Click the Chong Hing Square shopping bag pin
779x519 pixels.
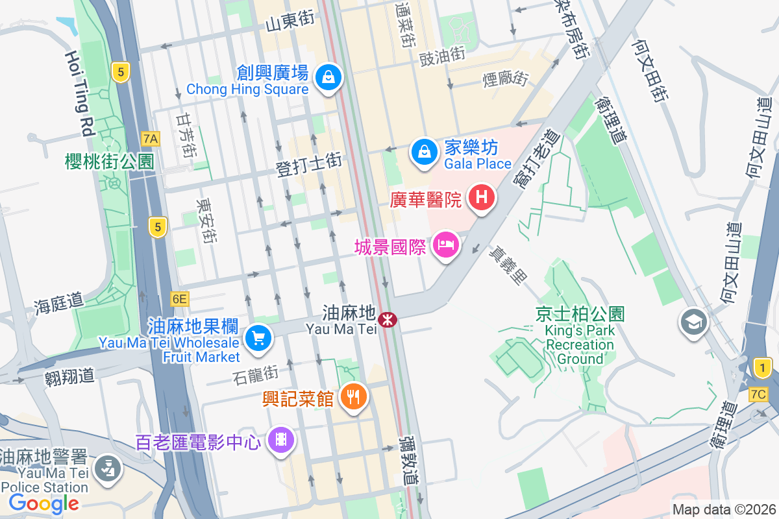pyautogui.click(x=329, y=78)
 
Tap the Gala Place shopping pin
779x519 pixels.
pyautogui.click(x=424, y=152)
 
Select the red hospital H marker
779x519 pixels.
pyautogui.click(x=482, y=197)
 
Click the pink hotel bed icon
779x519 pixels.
pyautogui.click(x=445, y=245)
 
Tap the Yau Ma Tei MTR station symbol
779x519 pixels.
pyautogui.click(x=388, y=319)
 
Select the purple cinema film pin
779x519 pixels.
pyautogui.click(x=281, y=441)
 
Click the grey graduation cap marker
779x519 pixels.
pyautogui.click(x=693, y=321)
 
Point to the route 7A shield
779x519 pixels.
pyautogui.click(x=151, y=138)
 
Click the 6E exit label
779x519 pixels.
pyautogui.click(x=180, y=299)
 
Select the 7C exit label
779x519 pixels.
pyautogui.click(x=758, y=394)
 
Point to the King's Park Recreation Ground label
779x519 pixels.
pyautogui.click(x=580, y=336)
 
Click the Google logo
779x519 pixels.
pyautogui.click(x=44, y=503)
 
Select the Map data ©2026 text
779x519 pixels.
pyautogui.click(x=723, y=510)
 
